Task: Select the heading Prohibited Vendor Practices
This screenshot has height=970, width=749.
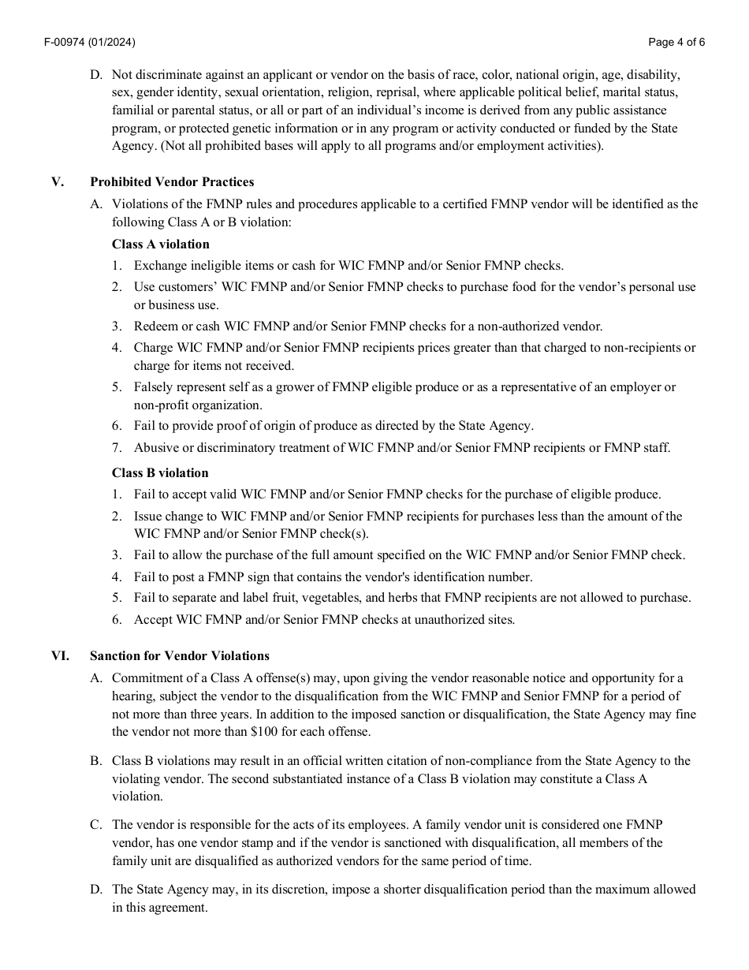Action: (172, 182)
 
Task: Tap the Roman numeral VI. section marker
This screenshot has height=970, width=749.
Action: (60, 655)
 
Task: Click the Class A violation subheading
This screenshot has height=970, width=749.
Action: (161, 244)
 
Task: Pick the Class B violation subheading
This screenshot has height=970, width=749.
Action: (160, 472)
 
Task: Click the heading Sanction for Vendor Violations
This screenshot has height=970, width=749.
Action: (180, 655)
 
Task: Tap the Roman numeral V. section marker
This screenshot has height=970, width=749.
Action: (58, 182)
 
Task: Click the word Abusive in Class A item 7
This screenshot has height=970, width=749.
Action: (155, 447)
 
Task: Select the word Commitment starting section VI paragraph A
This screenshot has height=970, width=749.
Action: (148, 677)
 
